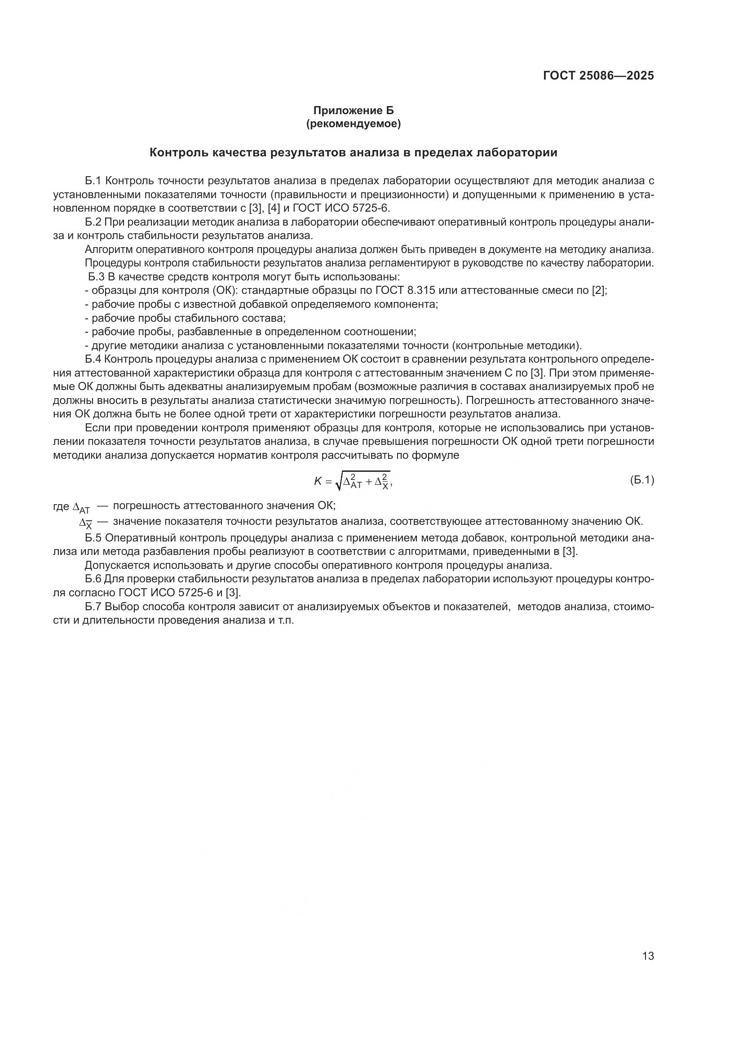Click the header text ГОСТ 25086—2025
coord(598,76)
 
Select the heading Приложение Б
coord(353,111)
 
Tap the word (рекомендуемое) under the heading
coord(353,124)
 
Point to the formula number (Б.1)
coord(642,480)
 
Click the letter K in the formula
coord(318,481)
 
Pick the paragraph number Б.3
coord(96,277)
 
